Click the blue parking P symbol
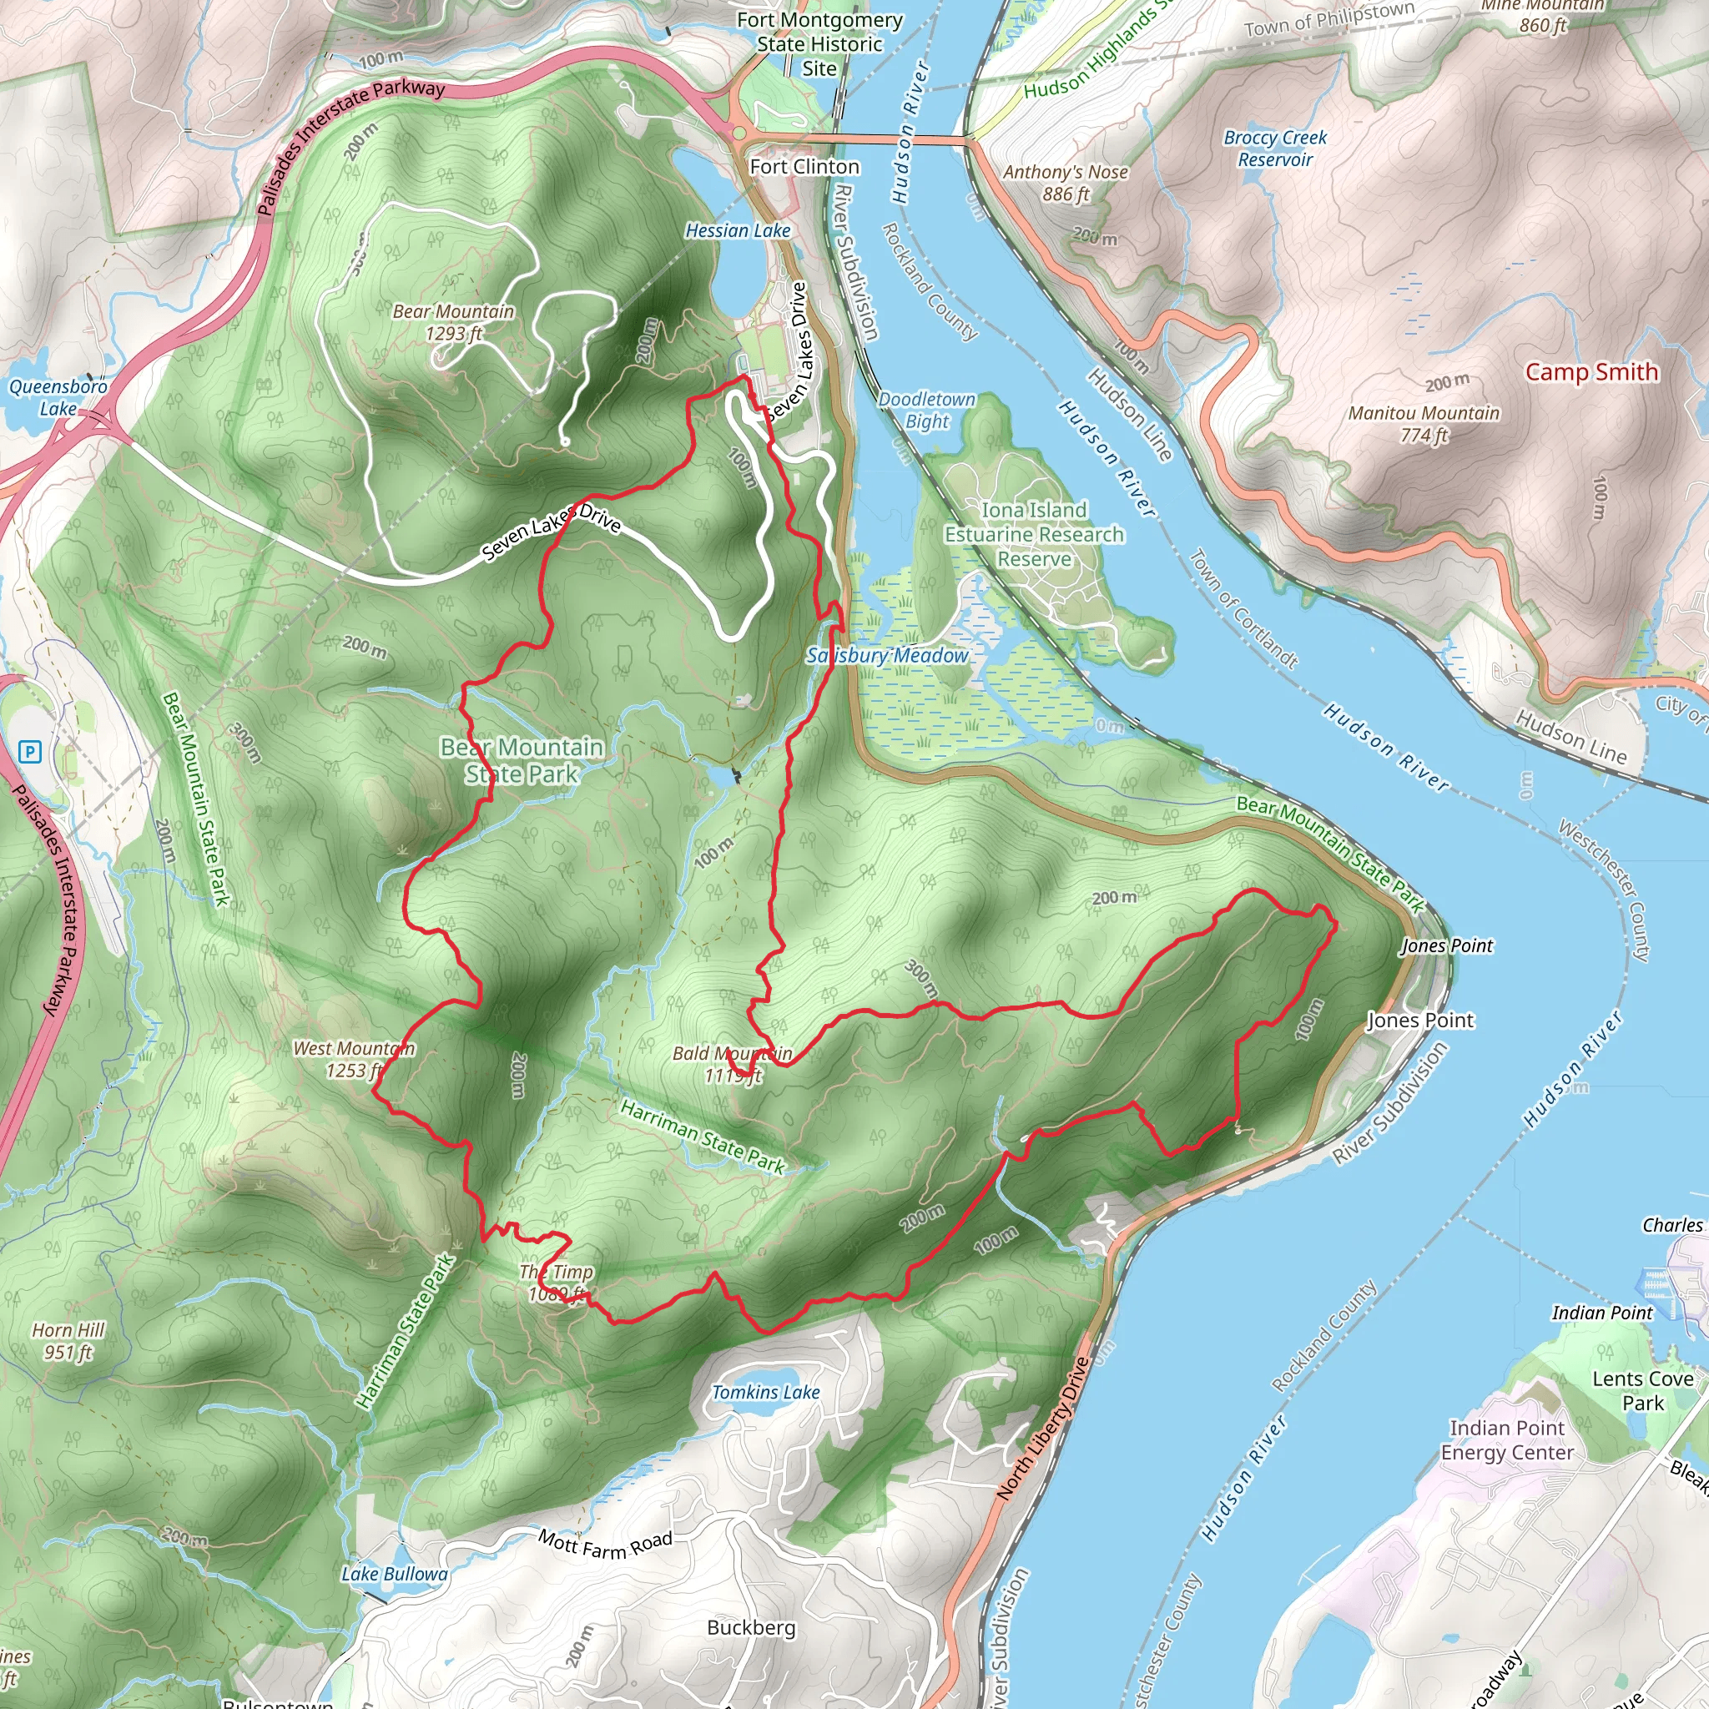click(x=30, y=752)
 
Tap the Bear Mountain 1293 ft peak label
click(x=454, y=323)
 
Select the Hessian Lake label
click(x=738, y=231)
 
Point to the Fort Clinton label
click(x=804, y=166)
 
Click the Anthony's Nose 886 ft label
click(x=1065, y=183)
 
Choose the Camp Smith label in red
click(x=1591, y=371)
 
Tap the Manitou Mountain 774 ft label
click(x=1424, y=424)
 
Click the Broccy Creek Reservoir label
click(x=1275, y=149)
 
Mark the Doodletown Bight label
click(x=926, y=411)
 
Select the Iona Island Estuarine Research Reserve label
click(x=1034, y=534)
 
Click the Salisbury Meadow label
click(x=887, y=655)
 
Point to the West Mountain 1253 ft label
click(x=353, y=1059)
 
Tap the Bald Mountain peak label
click(x=733, y=1064)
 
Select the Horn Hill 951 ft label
click(x=68, y=1341)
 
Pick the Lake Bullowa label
click(x=395, y=1574)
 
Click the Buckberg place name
click(x=751, y=1627)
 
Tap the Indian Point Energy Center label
click(x=1506, y=1440)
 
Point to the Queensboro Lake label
click(x=58, y=397)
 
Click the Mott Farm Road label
click(x=605, y=1545)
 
